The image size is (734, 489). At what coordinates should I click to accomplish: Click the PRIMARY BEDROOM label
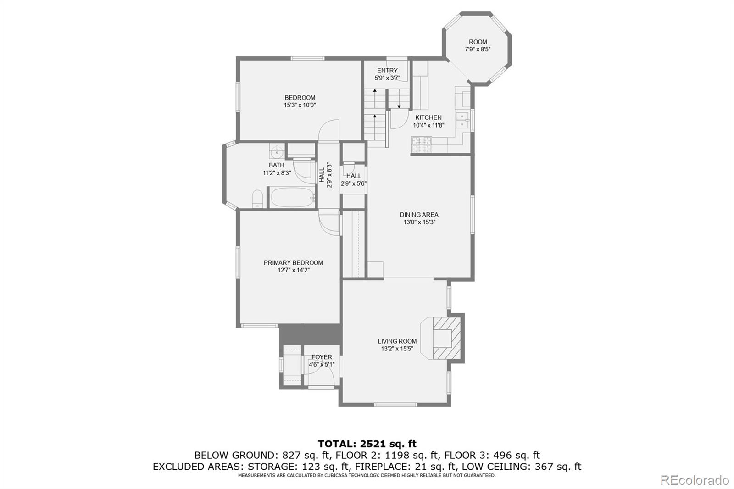pyautogui.click(x=293, y=263)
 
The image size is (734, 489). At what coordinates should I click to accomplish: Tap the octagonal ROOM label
pyautogui.click(x=478, y=42)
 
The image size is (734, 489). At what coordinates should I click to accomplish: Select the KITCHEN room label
pyautogui.click(x=428, y=117)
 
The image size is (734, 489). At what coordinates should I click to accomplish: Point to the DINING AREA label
pyautogui.click(x=419, y=215)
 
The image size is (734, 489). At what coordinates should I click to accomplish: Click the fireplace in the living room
pyautogui.click(x=443, y=338)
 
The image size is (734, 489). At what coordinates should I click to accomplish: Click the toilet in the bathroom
pyautogui.click(x=257, y=199)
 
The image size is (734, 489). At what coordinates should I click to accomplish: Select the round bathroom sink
pyautogui.click(x=277, y=150)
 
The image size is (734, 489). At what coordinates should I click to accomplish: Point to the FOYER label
pyautogui.click(x=322, y=357)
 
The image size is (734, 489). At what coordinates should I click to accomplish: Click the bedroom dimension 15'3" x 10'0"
pyautogui.click(x=300, y=105)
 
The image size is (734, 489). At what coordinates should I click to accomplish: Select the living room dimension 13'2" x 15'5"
pyautogui.click(x=397, y=349)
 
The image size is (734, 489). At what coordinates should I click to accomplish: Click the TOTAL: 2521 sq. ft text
pyautogui.click(x=367, y=444)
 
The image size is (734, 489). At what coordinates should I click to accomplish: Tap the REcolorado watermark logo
pyautogui.click(x=694, y=480)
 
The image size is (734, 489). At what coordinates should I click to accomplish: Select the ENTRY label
pyautogui.click(x=387, y=70)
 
